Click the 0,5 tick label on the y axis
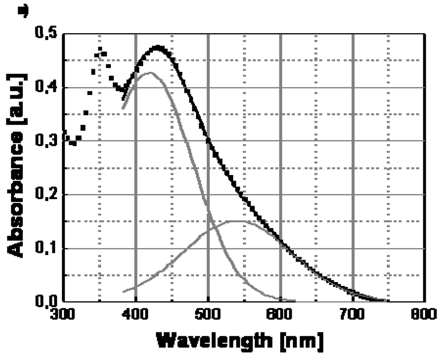coord(44,34)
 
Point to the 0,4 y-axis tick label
coord(44,88)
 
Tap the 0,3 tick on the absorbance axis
coord(44,141)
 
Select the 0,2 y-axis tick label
coord(44,195)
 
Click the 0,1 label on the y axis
coord(44,248)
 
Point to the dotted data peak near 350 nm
coord(100,49)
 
